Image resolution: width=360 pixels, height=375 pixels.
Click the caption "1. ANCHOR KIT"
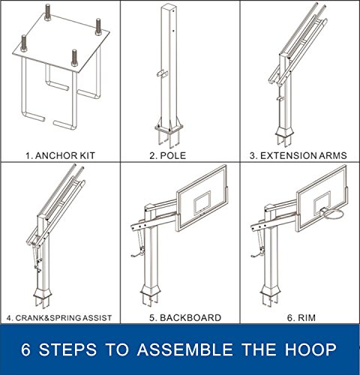tap(60, 155)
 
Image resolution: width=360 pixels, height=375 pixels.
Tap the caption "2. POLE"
tap(168, 155)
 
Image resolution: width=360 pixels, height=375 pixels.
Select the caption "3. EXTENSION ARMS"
tap(298, 155)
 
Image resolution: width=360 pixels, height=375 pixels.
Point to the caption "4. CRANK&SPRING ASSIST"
tap(59, 318)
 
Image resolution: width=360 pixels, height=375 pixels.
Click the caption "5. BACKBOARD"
tap(185, 318)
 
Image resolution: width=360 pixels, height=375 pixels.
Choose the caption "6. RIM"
tap(301, 318)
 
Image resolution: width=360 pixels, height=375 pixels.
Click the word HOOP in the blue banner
tap(310, 349)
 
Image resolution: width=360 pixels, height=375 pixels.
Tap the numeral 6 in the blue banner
tap(25, 349)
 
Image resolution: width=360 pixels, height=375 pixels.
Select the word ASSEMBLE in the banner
tap(184, 349)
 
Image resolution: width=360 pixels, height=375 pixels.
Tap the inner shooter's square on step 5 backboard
tap(202, 202)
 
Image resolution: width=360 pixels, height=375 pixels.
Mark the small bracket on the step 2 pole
tap(163, 73)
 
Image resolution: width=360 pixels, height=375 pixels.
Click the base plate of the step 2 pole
tap(169, 130)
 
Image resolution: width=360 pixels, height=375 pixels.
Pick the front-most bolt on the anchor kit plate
tap(74, 58)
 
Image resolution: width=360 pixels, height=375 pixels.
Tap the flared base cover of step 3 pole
tap(284, 131)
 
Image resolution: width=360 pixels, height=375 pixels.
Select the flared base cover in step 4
tap(43, 293)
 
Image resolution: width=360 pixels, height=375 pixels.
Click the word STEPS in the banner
tap(67, 349)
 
